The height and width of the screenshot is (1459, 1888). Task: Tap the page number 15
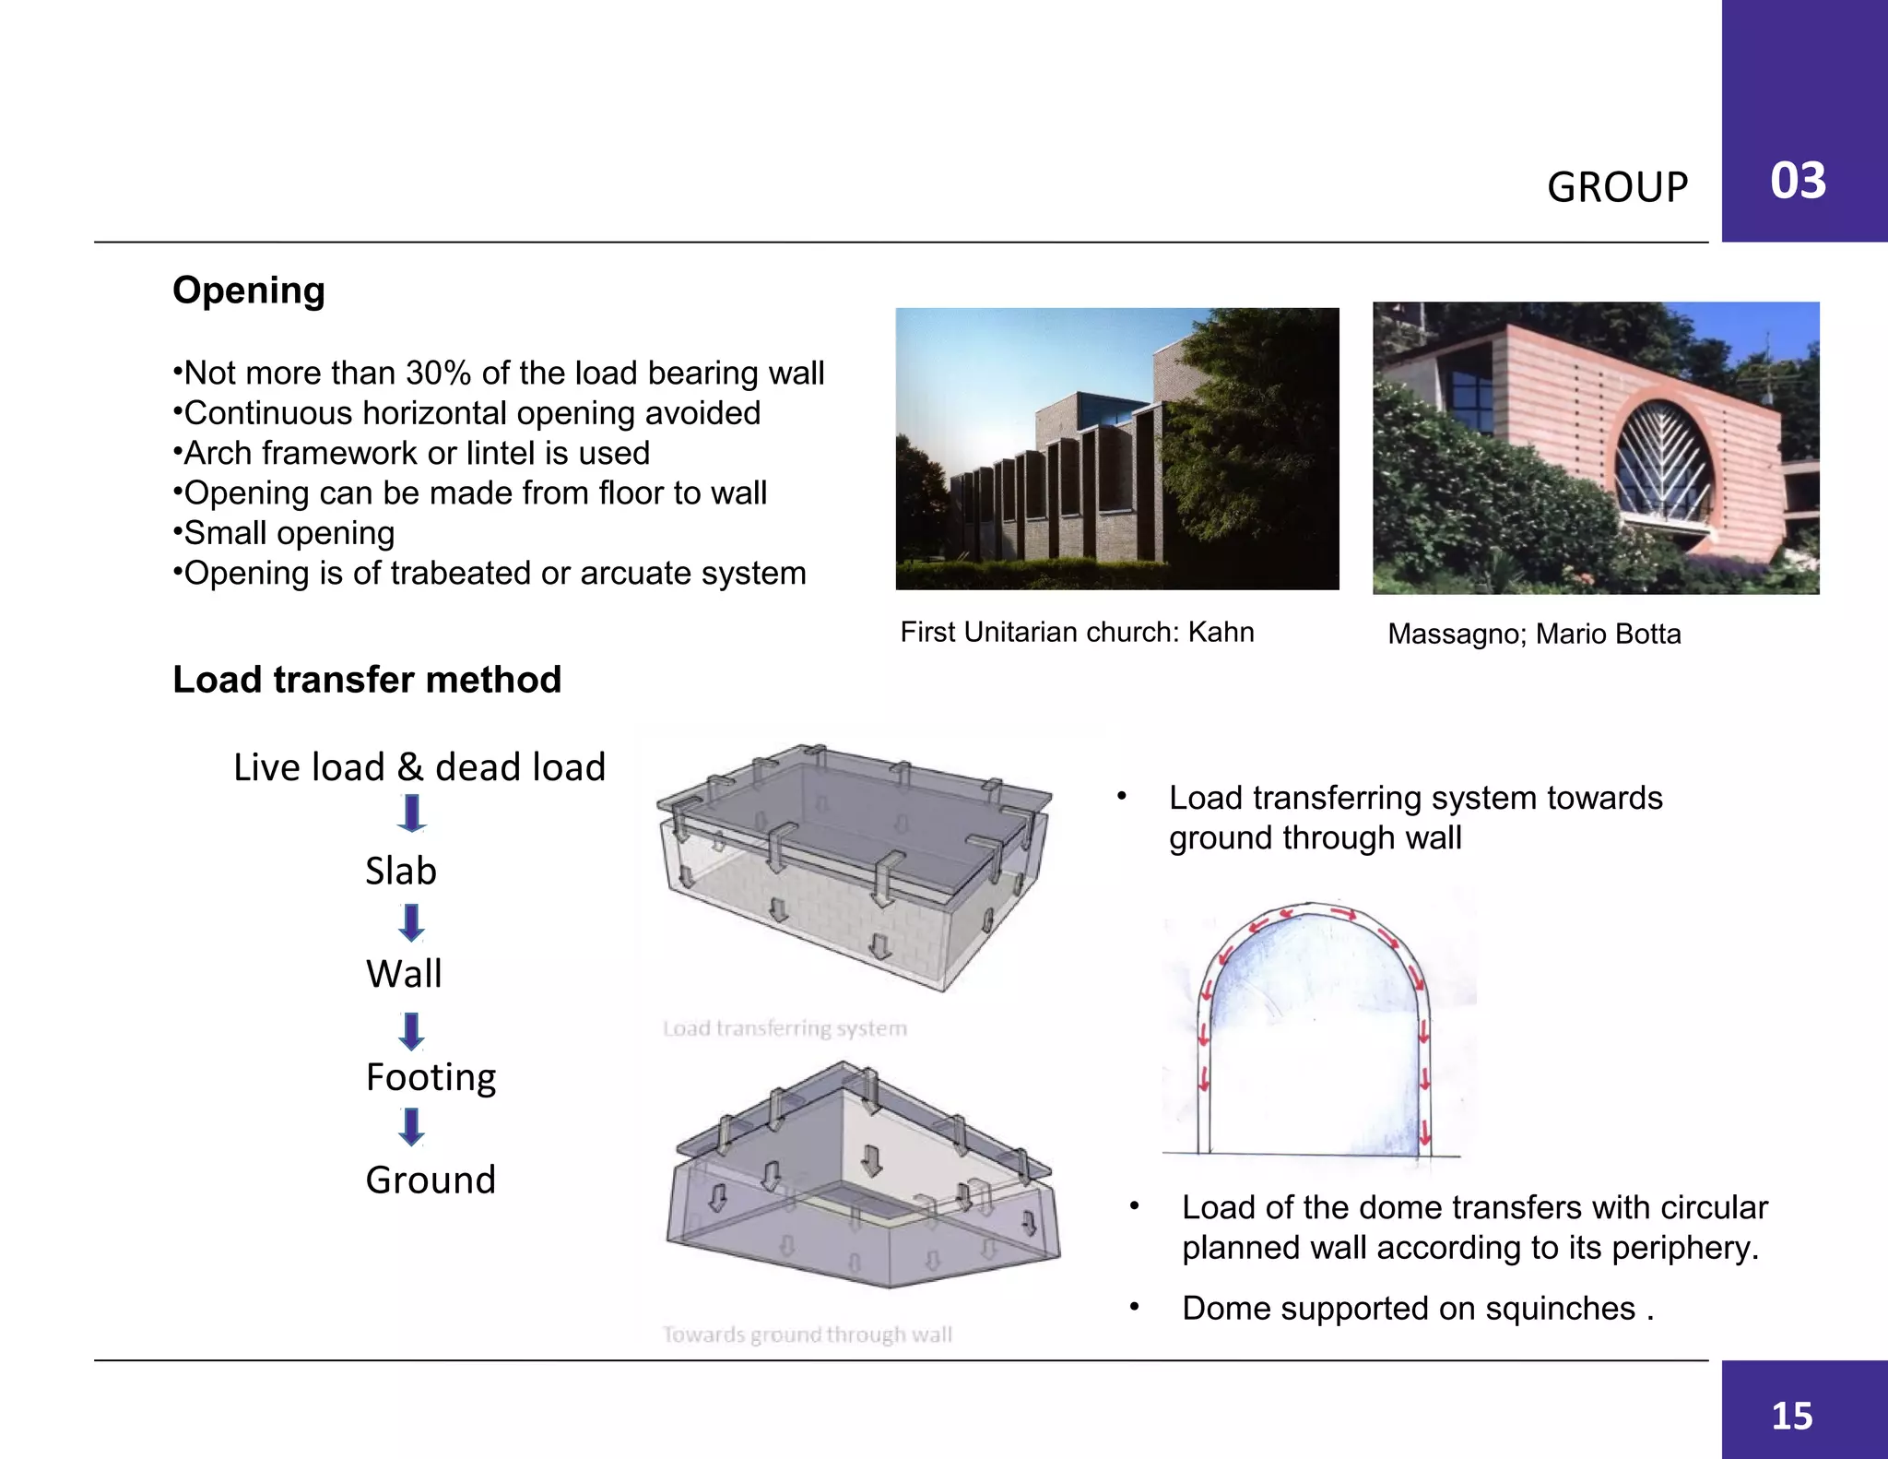(1791, 1416)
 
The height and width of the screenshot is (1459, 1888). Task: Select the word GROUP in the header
(1617, 187)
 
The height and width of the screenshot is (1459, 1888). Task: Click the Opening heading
(249, 291)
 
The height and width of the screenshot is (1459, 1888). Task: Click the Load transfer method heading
(367, 680)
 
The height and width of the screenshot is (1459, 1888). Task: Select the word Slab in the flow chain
(401, 871)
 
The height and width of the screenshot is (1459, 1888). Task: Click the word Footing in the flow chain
(431, 1077)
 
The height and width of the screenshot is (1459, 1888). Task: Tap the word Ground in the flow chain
(431, 1180)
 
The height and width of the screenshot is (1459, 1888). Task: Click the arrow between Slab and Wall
(411, 922)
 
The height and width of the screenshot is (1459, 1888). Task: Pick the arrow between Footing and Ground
(411, 1127)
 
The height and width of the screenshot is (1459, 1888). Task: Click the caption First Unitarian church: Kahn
(1077, 633)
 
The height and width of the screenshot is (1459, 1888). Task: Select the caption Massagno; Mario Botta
(1534, 635)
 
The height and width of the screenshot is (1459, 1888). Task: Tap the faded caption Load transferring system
(785, 1028)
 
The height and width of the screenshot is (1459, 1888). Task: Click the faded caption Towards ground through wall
(807, 1334)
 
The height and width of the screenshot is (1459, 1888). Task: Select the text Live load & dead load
(419, 767)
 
